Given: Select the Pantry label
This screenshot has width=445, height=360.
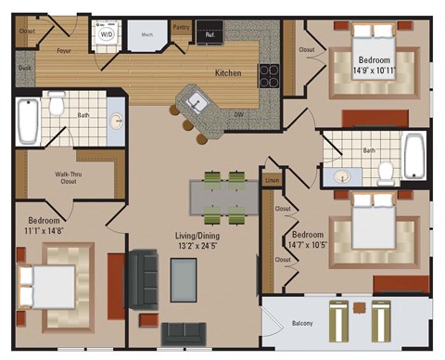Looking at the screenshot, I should (181, 28).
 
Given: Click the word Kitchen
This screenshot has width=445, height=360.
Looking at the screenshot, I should (228, 72).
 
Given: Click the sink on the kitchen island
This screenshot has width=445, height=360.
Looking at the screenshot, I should (196, 96).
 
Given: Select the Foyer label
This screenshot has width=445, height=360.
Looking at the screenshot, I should (64, 51).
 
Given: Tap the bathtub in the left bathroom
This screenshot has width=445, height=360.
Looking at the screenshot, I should (27, 121).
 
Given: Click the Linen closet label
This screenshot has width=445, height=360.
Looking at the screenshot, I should (271, 180).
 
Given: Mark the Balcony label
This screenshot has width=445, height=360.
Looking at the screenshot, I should (302, 323).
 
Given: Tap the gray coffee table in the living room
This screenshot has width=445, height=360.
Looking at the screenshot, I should (184, 280).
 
